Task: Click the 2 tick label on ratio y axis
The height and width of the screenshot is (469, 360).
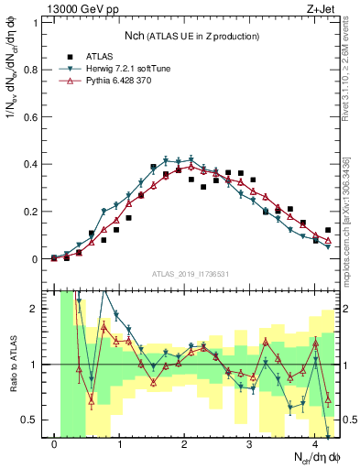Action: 38,309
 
